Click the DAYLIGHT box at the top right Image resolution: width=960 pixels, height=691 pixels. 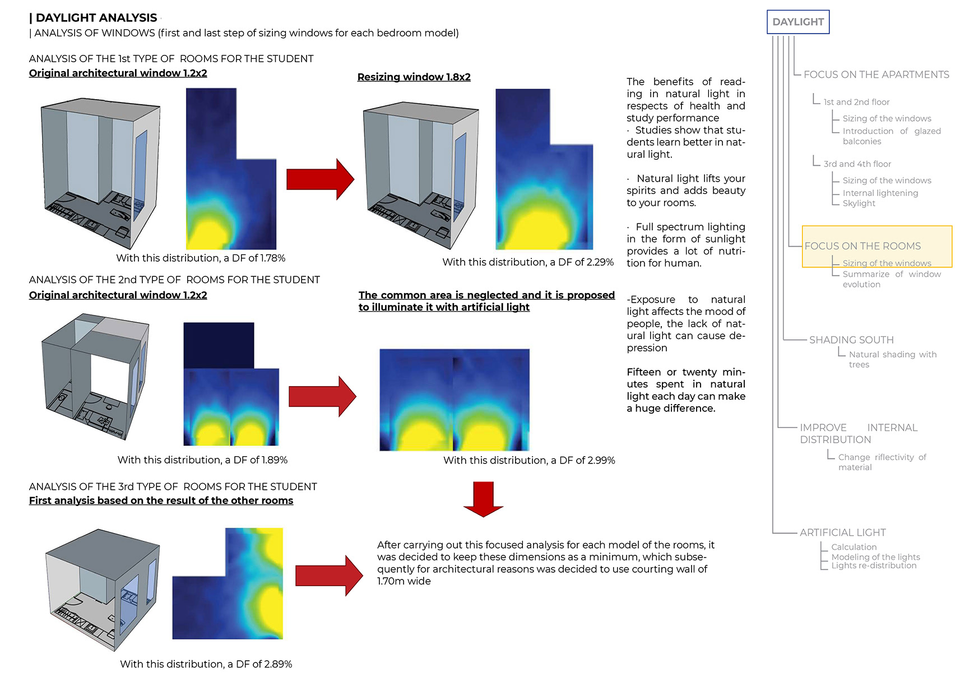click(797, 22)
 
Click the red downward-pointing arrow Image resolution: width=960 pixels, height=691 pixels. click(483, 498)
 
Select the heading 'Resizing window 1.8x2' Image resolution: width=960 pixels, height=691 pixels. click(414, 77)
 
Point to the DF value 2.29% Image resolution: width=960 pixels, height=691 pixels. click(600, 262)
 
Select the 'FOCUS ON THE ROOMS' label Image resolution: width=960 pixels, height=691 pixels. click(862, 246)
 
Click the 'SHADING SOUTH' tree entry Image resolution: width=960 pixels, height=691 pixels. click(851, 340)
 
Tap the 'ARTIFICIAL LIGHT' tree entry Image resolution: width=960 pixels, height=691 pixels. click(842, 532)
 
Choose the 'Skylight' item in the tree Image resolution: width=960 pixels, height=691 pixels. click(859, 203)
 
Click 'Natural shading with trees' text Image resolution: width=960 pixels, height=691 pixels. click(892, 359)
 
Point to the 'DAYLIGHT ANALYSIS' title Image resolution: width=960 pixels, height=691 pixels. click(96, 18)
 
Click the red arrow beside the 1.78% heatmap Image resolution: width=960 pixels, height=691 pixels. click(320, 179)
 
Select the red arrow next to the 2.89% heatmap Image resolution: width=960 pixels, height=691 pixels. click(329, 575)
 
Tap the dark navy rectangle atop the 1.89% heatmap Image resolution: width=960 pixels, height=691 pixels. click(219, 345)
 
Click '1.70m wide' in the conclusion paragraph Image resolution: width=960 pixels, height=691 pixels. click(404, 582)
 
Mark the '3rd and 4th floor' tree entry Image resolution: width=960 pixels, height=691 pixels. click(857, 164)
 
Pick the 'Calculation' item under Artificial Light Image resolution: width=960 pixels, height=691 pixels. click(854, 547)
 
